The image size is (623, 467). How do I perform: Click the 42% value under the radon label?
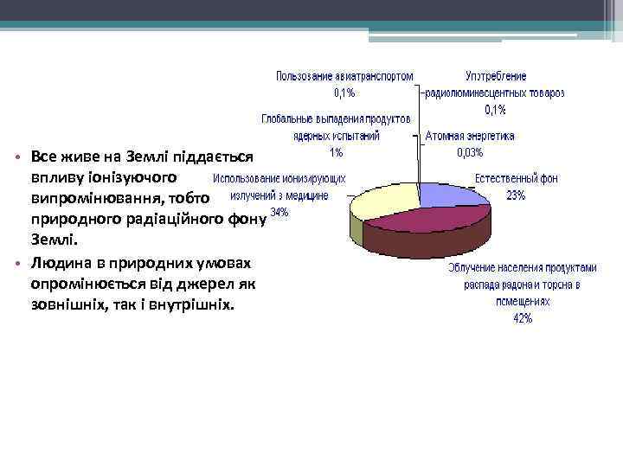(523, 318)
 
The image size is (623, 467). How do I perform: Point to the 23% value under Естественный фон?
(515, 195)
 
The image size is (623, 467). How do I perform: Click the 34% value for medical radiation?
(279, 212)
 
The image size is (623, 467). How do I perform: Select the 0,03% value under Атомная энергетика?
(470, 153)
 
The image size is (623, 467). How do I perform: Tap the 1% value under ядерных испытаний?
(336, 153)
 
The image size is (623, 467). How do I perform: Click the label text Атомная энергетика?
(470, 136)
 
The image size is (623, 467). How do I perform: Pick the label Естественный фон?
(516, 179)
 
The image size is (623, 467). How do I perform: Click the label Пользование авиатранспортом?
(344, 76)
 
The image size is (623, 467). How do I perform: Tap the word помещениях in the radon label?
(523, 302)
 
